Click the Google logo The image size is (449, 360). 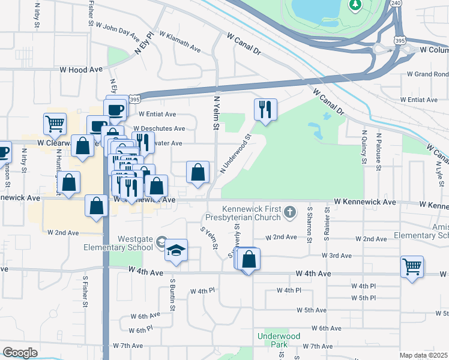pyautogui.click(x=20, y=353)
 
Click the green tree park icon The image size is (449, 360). pyautogui.click(x=355, y=5)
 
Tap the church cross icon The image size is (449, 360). pyautogui.click(x=290, y=211)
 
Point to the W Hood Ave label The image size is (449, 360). pyautogui.click(x=81, y=70)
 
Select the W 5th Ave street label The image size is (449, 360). pyautogui.click(x=312, y=310)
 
